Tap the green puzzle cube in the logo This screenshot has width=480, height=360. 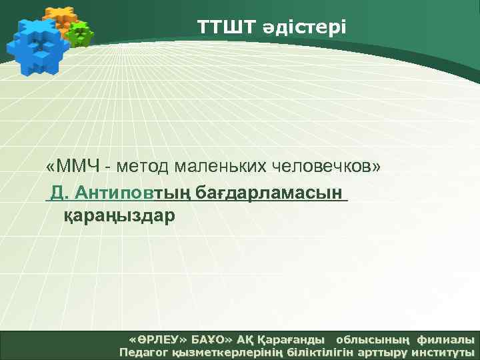pyautogui.click(x=81, y=33)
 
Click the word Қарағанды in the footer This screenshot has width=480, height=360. pyautogui.click(x=293, y=339)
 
